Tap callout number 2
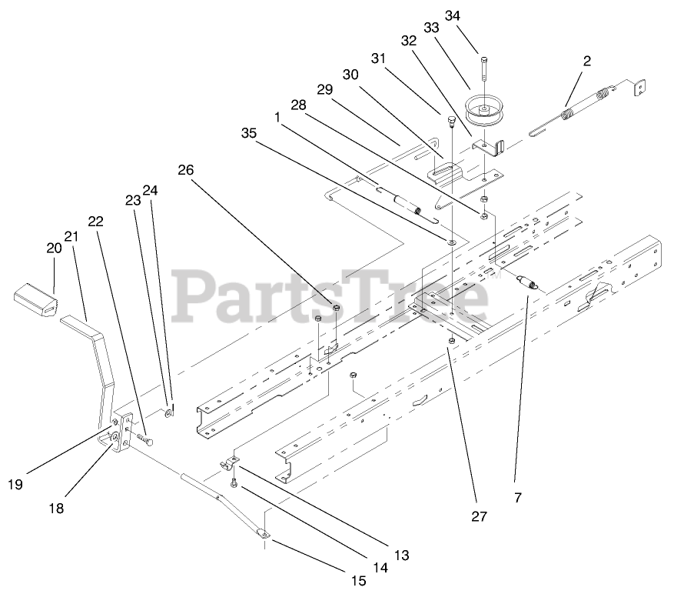pos(586,62)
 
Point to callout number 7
pos(517,498)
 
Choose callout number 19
pos(15,484)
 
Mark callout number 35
pos(248,132)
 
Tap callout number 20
pos(53,249)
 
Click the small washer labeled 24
pos(168,413)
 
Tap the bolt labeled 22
pos(144,440)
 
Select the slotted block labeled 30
pos(443,166)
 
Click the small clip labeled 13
pos(229,463)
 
